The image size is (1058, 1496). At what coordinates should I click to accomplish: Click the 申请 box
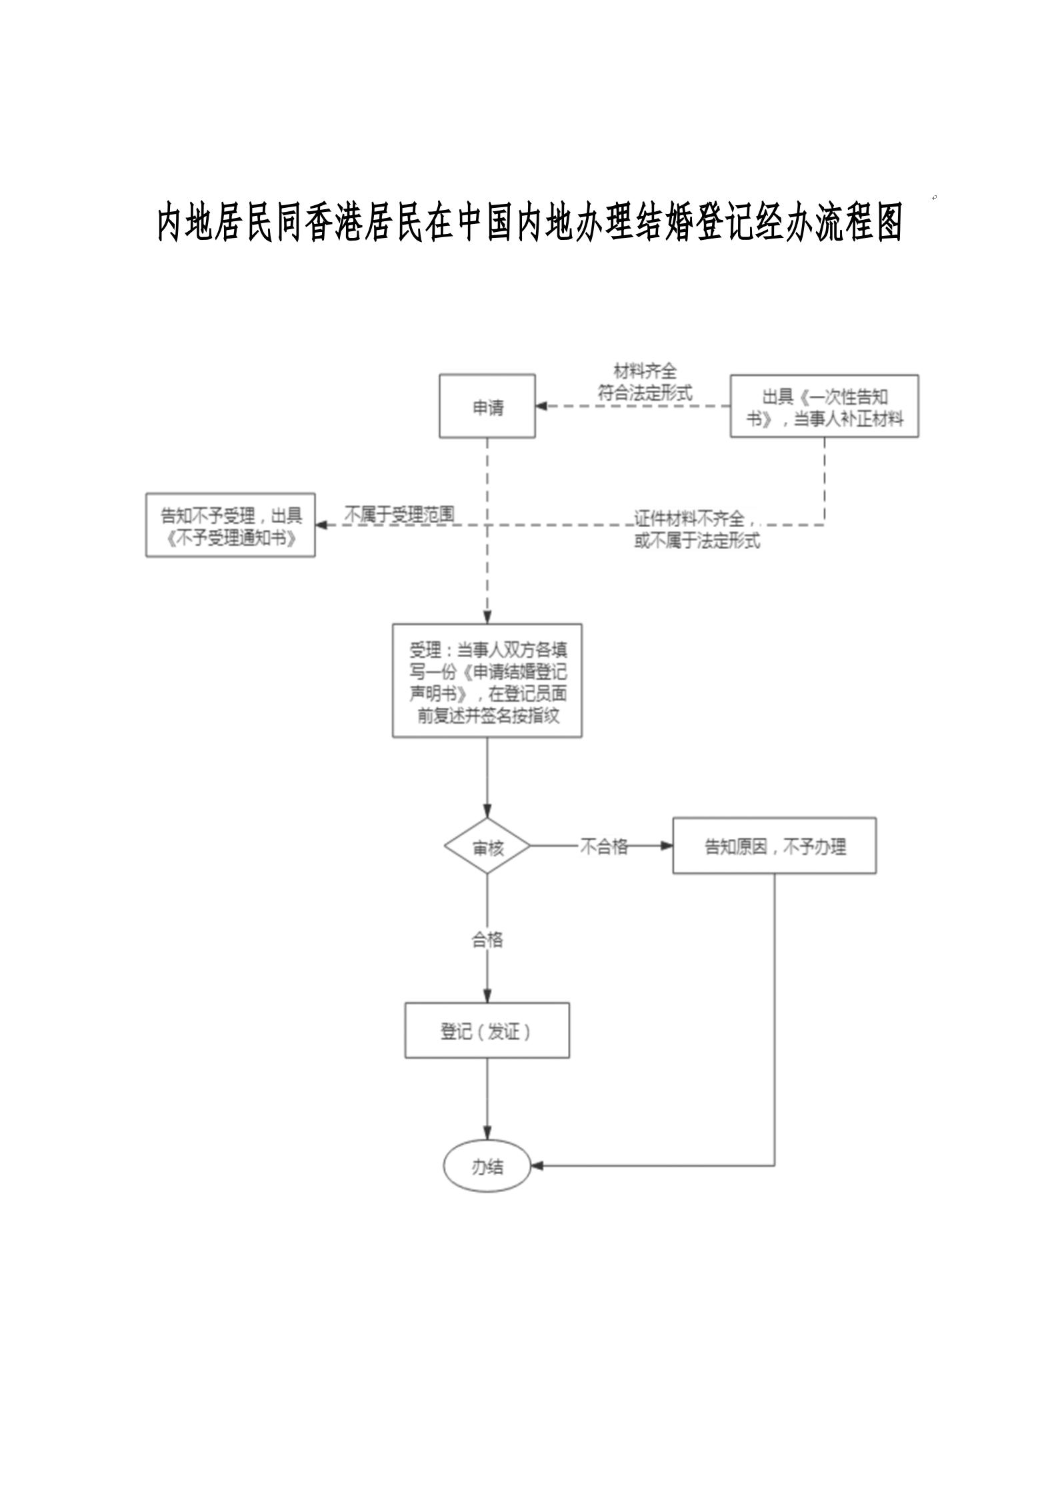point(487,406)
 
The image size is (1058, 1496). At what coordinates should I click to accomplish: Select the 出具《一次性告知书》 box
point(824,406)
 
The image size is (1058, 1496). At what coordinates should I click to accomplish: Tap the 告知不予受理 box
point(230,525)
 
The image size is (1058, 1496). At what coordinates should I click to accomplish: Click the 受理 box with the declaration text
point(487,680)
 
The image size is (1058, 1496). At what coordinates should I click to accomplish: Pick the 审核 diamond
point(487,846)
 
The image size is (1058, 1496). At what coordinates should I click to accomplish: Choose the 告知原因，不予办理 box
point(774,846)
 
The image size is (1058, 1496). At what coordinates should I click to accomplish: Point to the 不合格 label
point(603,846)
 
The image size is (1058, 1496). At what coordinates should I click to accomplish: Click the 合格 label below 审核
point(487,940)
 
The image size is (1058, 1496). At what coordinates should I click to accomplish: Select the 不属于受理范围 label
point(399,514)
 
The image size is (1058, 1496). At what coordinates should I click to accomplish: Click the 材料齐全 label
point(645,371)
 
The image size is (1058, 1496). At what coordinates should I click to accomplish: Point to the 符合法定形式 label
point(645,392)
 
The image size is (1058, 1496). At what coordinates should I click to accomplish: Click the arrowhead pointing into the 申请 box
point(541,406)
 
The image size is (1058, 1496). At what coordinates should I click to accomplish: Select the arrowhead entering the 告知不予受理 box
point(321,525)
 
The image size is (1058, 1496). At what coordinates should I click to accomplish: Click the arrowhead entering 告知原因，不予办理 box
point(666,846)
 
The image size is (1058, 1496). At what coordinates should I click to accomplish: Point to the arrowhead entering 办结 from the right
point(537,1166)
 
